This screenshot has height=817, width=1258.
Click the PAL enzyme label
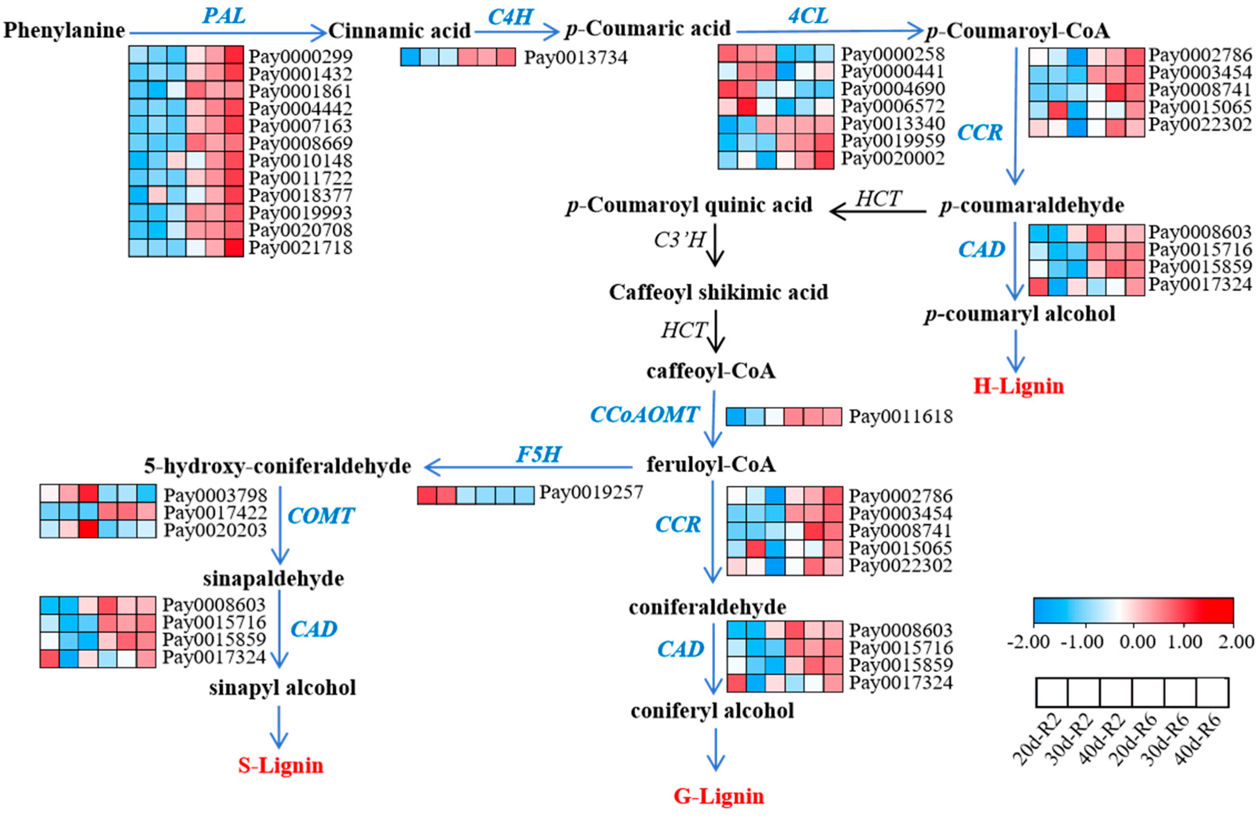pos(224,16)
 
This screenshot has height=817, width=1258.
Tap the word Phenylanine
pos(64,30)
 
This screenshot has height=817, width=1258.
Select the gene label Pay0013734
pos(576,57)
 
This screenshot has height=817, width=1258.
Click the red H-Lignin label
pos(1018,386)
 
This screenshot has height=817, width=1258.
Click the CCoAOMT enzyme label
pos(645,415)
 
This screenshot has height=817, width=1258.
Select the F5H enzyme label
pos(538,454)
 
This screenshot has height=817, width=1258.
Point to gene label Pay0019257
pos(591,492)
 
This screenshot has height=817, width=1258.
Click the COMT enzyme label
pos(321,516)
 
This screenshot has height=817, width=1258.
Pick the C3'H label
pos(679,240)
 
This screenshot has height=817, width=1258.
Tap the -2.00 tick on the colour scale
pos(1028,642)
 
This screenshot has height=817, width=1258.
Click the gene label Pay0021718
pos(300,247)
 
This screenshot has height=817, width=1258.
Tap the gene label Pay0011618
pos(901,417)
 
